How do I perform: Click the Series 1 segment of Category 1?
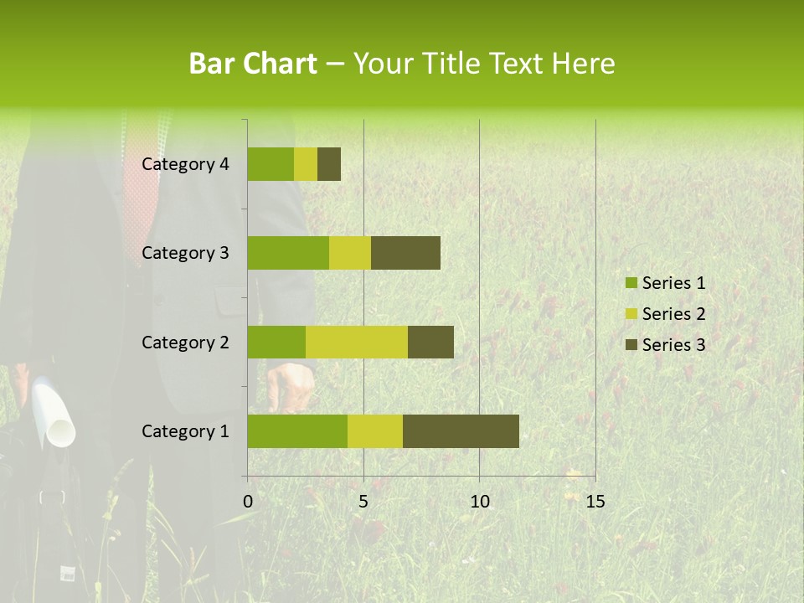click(x=297, y=431)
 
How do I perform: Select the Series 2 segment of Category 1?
click(x=375, y=431)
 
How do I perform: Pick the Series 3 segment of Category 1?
click(x=461, y=431)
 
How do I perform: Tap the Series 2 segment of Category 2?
click(x=357, y=342)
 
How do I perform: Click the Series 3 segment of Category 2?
click(x=430, y=342)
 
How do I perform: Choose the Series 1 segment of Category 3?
click(x=288, y=253)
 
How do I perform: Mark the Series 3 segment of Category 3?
click(x=405, y=253)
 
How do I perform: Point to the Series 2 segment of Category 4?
click(x=306, y=164)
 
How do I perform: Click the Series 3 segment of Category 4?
click(x=329, y=164)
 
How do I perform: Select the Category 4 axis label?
click(x=185, y=164)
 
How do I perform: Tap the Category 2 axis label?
click(x=185, y=342)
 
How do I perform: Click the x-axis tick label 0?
click(x=248, y=502)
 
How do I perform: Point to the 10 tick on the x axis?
click(x=479, y=502)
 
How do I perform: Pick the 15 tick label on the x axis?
click(x=595, y=502)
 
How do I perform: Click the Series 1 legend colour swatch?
click(x=631, y=283)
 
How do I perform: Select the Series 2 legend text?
click(x=673, y=314)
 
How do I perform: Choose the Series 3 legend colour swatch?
click(x=631, y=344)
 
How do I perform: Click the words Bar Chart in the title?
click(x=252, y=64)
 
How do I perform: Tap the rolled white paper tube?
click(x=54, y=415)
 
